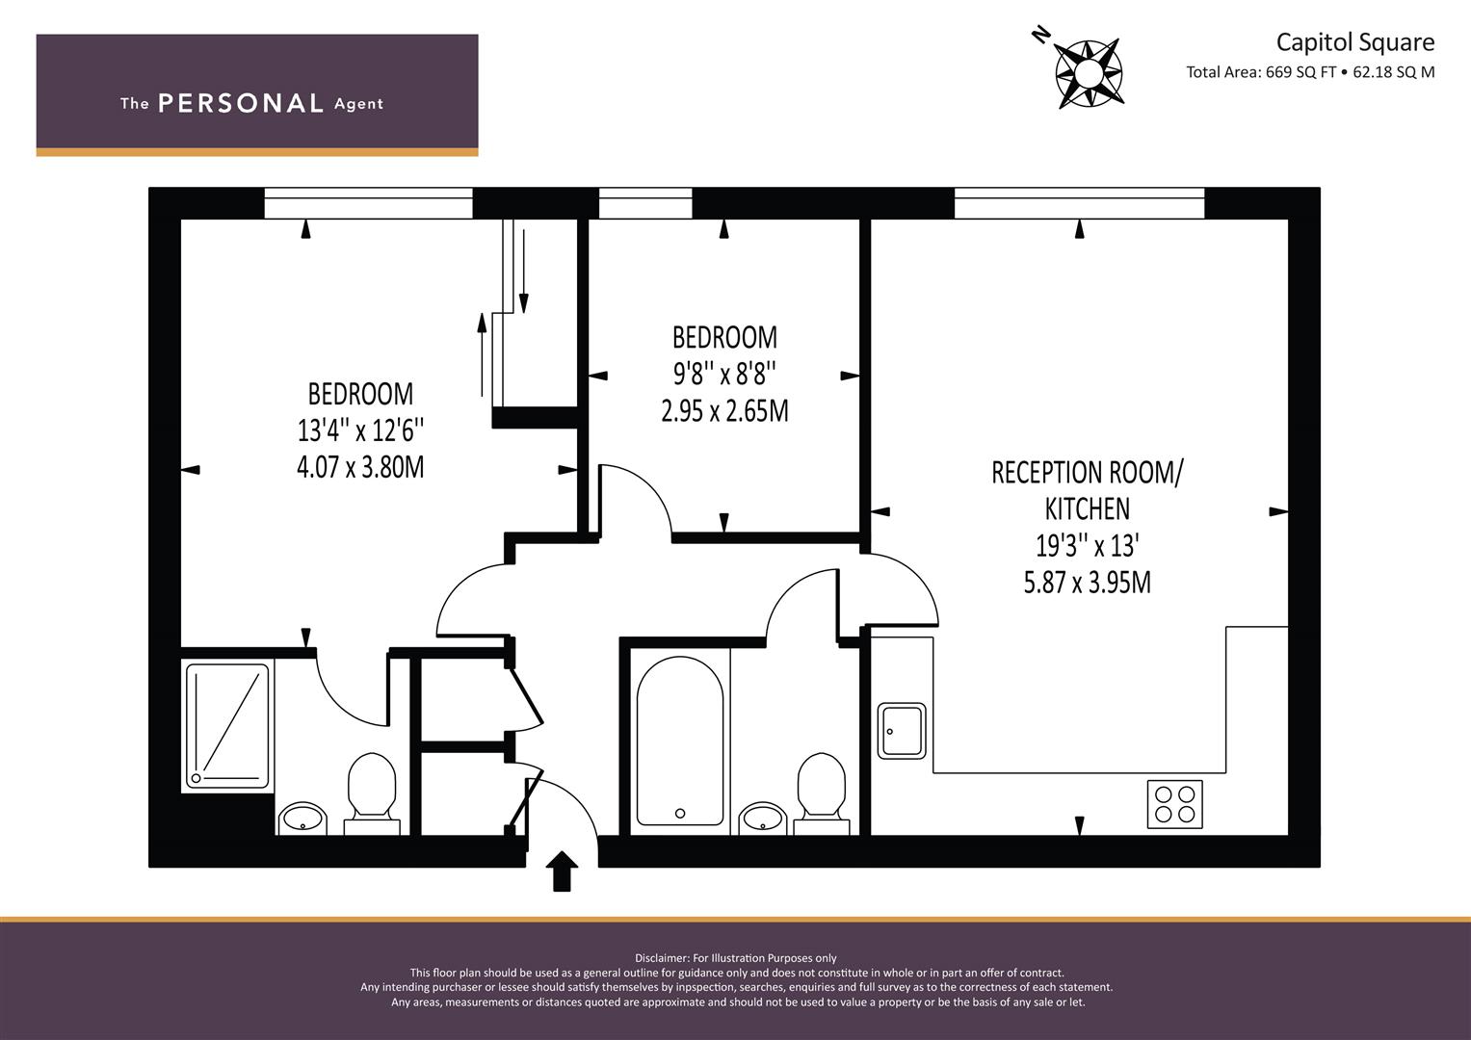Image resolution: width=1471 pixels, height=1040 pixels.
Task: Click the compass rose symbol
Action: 1089,73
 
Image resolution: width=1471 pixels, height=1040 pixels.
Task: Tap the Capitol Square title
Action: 1354,42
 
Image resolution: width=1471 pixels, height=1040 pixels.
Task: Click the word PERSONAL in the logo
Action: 241,103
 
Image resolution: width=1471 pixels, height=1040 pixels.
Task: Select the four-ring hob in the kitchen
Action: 1175,804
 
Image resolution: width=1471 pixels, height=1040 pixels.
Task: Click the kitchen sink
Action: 902,731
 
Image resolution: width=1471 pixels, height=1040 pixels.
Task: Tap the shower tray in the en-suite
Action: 227,725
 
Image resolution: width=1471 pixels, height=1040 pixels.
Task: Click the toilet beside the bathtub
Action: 822,793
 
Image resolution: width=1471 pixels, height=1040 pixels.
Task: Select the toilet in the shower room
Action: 372,793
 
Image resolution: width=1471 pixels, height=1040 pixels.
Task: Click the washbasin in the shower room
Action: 302,819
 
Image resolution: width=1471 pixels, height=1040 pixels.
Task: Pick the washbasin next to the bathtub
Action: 763,819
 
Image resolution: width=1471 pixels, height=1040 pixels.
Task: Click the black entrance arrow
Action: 562,871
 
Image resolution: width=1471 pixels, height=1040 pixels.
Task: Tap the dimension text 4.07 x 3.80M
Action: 360,467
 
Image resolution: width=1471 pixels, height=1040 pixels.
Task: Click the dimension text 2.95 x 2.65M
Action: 725,411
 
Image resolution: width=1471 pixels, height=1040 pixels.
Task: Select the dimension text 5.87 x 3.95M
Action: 1088,583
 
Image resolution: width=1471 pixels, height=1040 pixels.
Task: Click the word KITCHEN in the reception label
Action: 1088,508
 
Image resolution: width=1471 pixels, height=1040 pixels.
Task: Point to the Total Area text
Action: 1310,72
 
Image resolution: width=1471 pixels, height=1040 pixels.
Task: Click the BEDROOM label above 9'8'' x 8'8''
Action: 725,337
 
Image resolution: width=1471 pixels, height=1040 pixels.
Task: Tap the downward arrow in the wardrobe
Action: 523,271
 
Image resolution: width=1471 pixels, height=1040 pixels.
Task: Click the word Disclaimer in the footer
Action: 661,958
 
